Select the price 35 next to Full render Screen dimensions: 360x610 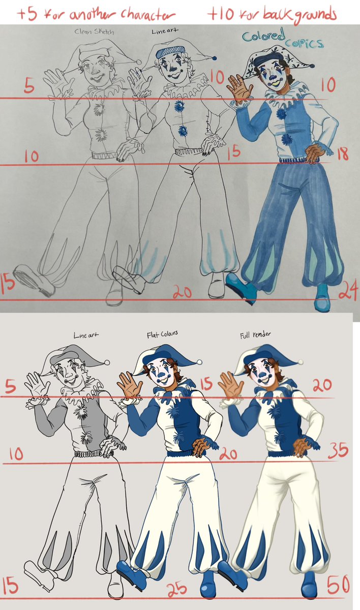(338, 450)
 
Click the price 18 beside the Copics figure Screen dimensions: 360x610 (343, 154)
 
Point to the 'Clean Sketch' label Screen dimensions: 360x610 (94, 32)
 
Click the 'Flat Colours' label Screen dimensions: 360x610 (162, 334)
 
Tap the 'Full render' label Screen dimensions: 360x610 (255, 334)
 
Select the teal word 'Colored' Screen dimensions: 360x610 (263, 36)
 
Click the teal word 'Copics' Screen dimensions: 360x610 (305, 43)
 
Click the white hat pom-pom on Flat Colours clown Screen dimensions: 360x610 (200, 362)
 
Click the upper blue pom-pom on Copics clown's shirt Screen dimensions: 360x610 (281, 113)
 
